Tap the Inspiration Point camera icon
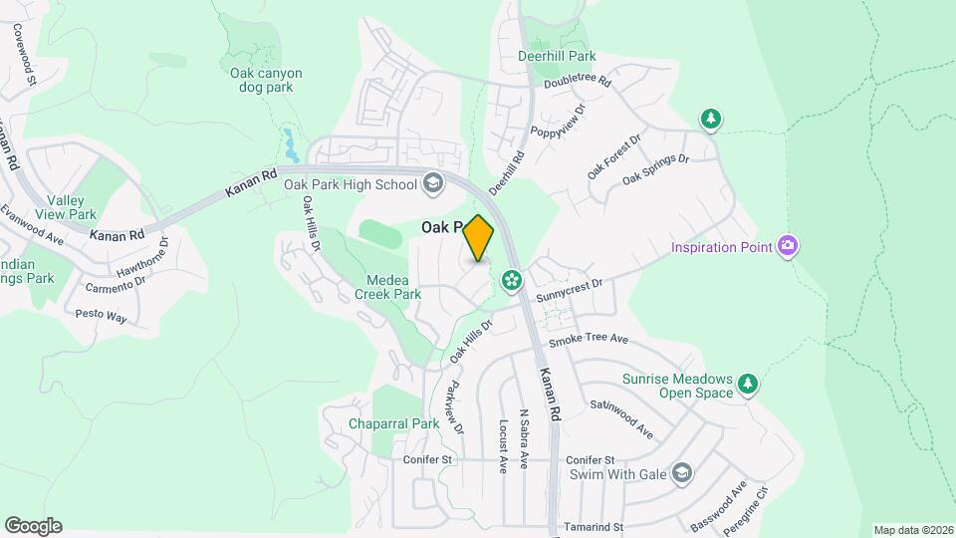[788, 245]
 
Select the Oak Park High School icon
[433, 182]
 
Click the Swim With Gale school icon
[681, 471]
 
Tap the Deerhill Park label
[557, 57]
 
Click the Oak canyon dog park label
[266, 80]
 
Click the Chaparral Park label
[393, 423]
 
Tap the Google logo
[33, 526]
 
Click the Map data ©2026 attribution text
[913, 530]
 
